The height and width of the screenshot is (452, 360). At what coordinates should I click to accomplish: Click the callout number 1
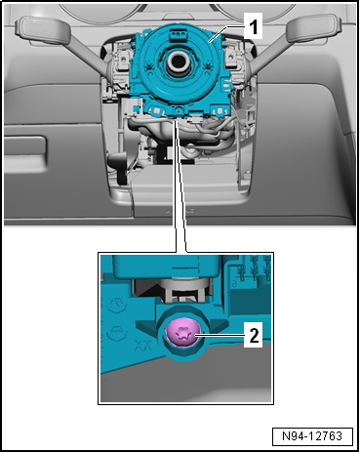(x=253, y=27)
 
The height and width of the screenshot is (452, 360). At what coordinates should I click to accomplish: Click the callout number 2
(x=254, y=335)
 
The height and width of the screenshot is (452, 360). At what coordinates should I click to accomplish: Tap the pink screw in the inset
(x=181, y=334)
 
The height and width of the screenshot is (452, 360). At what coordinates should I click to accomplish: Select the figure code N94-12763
(x=312, y=435)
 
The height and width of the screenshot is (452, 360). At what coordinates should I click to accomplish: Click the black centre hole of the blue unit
(x=177, y=61)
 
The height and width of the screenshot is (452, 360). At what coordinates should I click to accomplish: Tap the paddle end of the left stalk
(x=42, y=30)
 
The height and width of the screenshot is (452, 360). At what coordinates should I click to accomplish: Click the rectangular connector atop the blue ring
(x=178, y=34)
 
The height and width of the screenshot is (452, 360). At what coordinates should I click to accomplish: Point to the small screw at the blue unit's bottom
(x=179, y=111)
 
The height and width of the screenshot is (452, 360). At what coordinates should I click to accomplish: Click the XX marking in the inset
(x=143, y=345)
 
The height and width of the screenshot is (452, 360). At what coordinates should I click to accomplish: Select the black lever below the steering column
(x=119, y=166)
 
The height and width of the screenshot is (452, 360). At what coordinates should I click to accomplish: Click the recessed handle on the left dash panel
(x=25, y=150)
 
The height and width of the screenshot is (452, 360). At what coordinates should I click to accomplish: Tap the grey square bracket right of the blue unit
(x=231, y=57)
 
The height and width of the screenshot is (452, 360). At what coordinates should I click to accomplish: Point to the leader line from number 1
(x=227, y=33)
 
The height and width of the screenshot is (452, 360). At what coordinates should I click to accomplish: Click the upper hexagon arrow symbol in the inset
(x=115, y=306)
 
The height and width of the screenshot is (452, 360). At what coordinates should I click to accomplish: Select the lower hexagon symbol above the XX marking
(x=117, y=332)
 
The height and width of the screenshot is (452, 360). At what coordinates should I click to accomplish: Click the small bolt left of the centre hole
(x=149, y=66)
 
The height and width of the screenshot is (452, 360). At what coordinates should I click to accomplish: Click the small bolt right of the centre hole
(x=207, y=66)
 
